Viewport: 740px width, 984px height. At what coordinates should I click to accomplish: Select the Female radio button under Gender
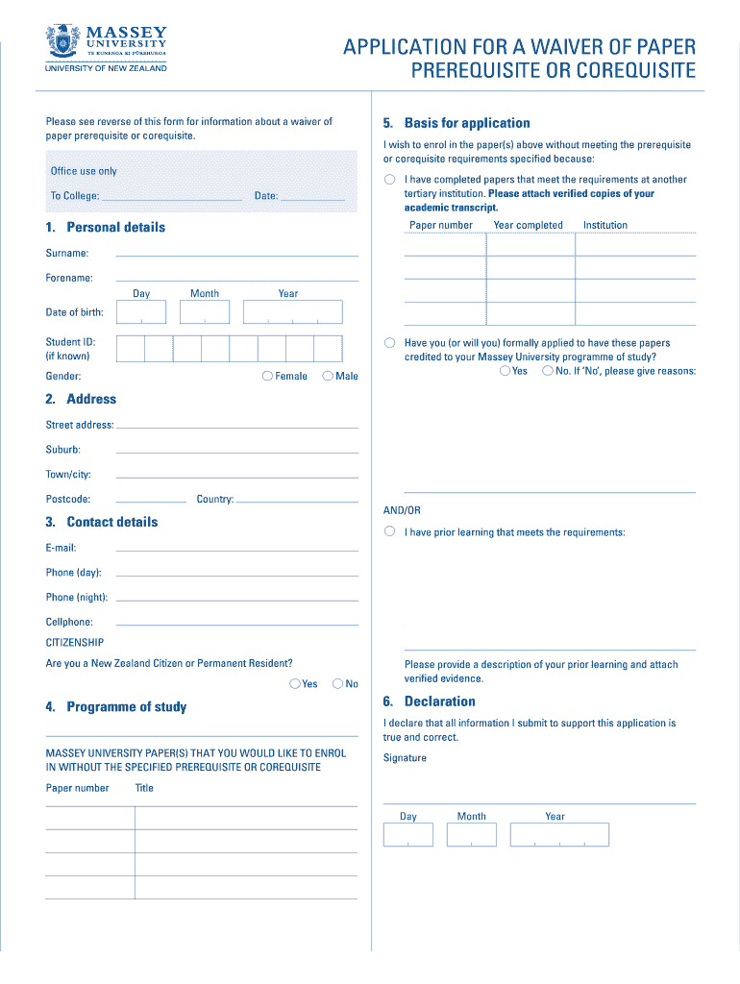[x=267, y=377]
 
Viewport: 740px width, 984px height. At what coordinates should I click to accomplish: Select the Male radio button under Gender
[x=328, y=377]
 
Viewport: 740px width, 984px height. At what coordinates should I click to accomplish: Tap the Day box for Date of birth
[x=141, y=312]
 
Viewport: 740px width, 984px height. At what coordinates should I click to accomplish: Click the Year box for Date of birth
[x=292, y=312]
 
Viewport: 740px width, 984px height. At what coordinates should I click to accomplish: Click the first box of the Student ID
[x=130, y=348]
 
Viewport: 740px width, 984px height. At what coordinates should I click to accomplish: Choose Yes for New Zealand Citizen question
[x=294, y=684]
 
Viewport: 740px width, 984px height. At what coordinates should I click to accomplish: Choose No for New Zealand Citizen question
[x=337, y=684]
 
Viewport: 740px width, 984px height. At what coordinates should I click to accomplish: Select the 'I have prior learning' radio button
[x=389, y=531]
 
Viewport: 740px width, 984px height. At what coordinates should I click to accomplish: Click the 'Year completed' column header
[x=528, y=225]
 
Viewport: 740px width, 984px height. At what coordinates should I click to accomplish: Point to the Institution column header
[x=604, y=225]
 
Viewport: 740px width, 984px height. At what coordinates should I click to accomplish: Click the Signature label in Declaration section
[x=405, y=758]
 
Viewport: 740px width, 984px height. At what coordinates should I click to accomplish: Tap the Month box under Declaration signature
[x=472, y=835]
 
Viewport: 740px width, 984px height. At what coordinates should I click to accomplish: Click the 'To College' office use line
[x=171, y=196]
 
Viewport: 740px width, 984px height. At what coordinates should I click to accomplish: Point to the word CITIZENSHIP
[x=75, y=642]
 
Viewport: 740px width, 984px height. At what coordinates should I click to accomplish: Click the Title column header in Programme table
[x=144, y=788]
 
